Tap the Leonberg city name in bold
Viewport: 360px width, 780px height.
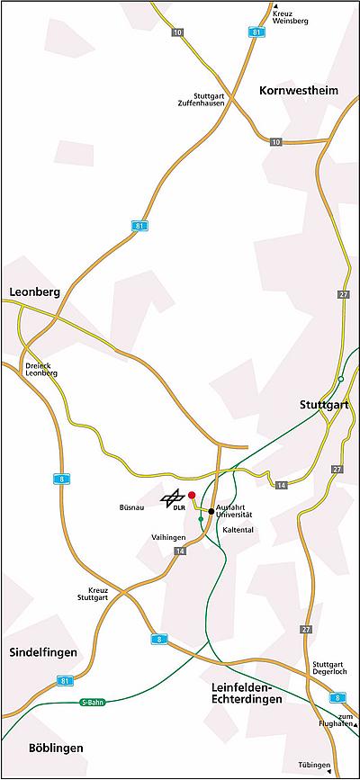point(33,292)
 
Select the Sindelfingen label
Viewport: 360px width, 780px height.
point(42,651)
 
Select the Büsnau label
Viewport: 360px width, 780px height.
point(132,507)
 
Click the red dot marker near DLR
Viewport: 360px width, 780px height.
point(192,495)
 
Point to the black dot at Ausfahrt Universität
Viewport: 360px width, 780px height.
point(211,511)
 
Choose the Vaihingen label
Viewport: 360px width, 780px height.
point(168,537)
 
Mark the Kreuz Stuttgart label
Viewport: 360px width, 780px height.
point(92,594)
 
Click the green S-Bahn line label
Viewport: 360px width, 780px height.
point(93,702)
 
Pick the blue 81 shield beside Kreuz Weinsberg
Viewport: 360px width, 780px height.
point(258,32)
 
